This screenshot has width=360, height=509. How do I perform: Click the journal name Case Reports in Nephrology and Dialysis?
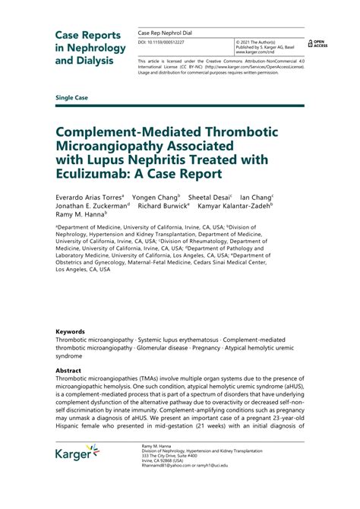click(88, 47)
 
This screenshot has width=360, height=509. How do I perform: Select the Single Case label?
click(73, 99)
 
